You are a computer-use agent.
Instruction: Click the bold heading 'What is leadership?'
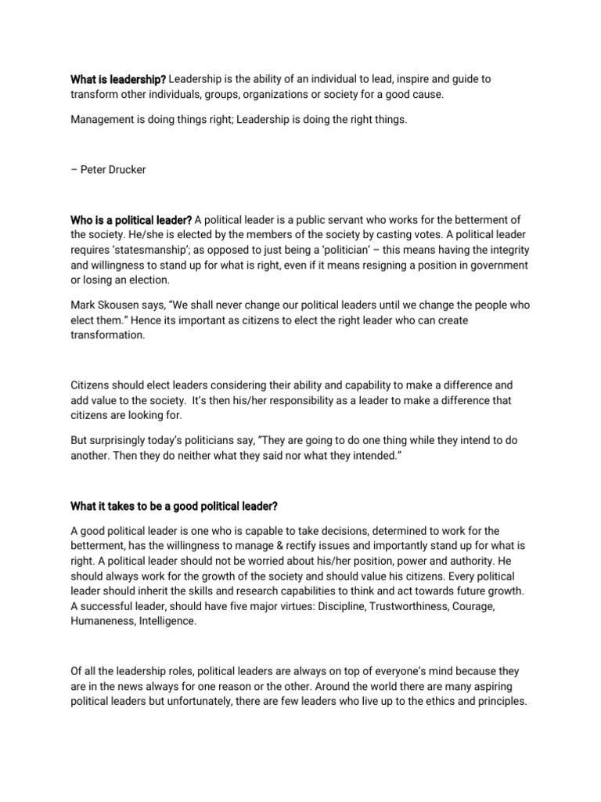(x=117, y=80)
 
